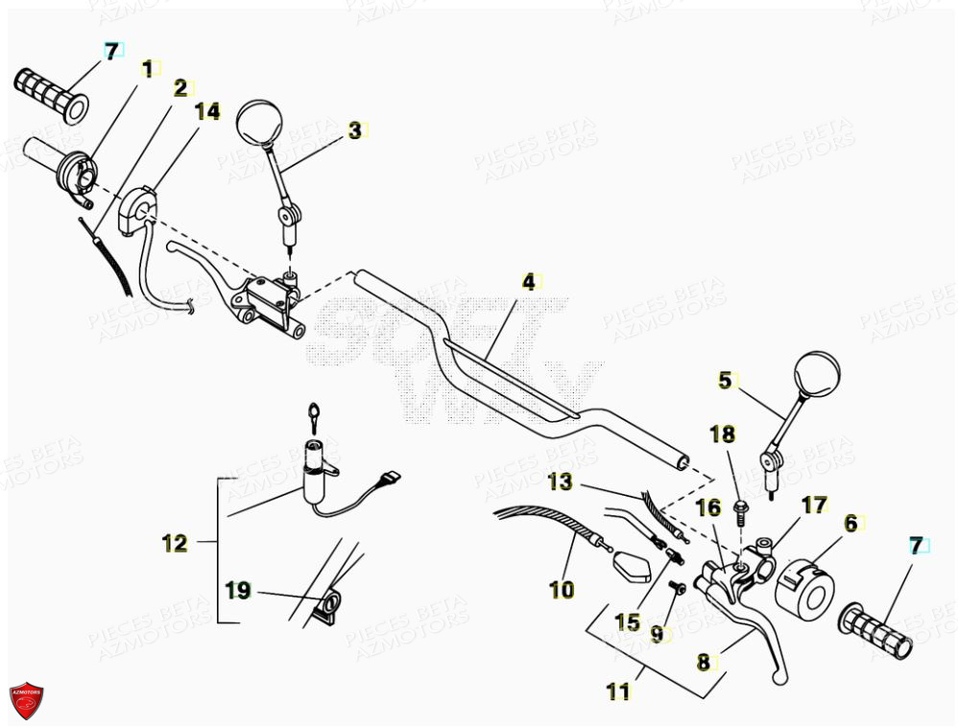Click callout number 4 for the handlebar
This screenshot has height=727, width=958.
click(x=527, y=282)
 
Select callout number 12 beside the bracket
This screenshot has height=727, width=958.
click(x=175, y=543)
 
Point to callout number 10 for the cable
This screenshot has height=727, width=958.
click(x=562, y=589)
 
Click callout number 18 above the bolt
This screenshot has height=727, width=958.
click(x=722, y=434)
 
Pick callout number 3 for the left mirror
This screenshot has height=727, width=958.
click(x=355, y=130)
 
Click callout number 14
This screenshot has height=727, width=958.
click(x=206, y=112)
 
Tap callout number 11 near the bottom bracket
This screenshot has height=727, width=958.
click(x=619, y=690)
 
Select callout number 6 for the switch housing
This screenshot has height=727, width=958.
click(x=850, y=523)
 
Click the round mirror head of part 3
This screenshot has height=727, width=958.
click(x=256, y=121)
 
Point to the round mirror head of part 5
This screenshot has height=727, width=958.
click(x=817, y=374)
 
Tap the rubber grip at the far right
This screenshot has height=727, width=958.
click(x=877, y=634)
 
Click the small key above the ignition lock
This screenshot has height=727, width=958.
click(x=314, y=414)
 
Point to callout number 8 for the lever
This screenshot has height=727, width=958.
click(x=703, y=661)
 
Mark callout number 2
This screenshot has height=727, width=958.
click(x=180, y=88)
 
